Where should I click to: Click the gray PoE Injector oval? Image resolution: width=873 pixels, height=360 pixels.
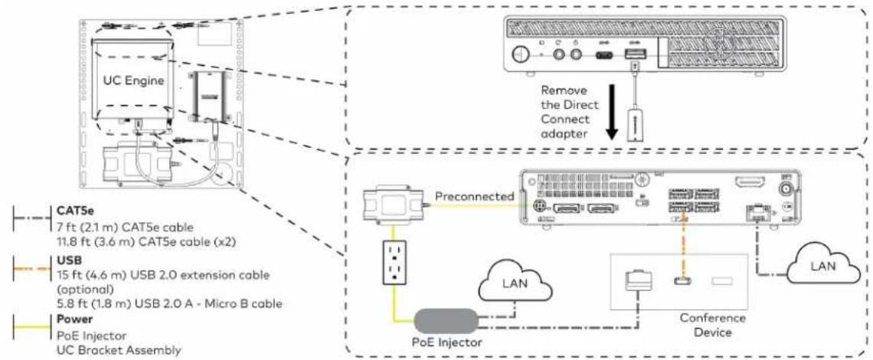[446, 322]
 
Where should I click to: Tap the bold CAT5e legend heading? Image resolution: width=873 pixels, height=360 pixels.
[72, 211]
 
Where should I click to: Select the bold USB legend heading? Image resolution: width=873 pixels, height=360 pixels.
[67, 260]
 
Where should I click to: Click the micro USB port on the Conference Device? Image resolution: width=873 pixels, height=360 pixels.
[679, 280]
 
